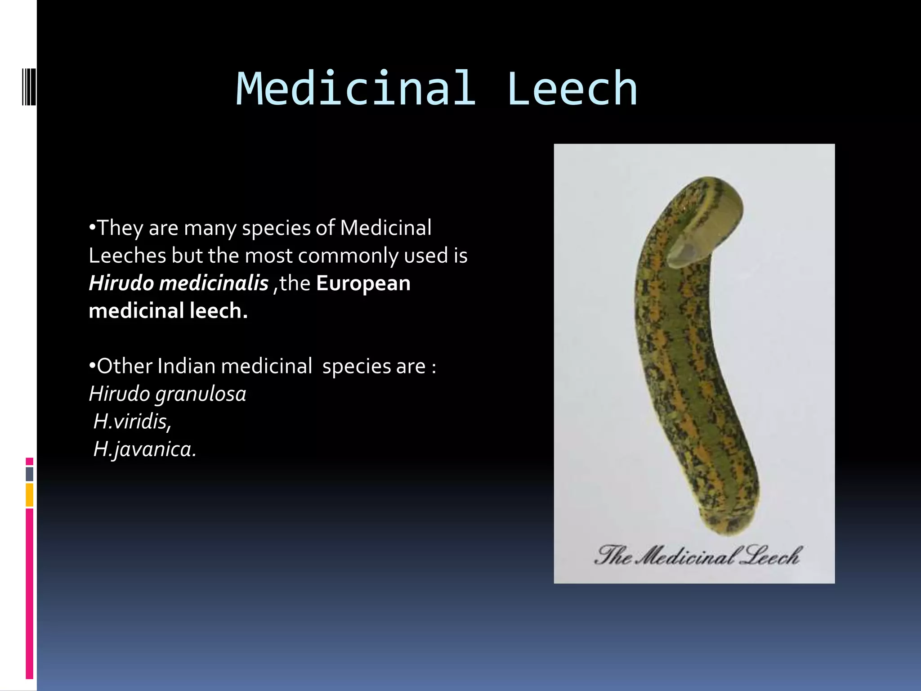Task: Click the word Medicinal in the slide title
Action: [356, 89]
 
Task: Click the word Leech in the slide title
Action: [572, 89]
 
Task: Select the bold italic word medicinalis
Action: [214, 283]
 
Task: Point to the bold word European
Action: [363, 283]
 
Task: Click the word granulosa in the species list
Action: [201, 394]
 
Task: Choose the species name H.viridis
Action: [132, 422]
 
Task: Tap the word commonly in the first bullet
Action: [348, 256]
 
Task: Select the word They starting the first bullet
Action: [120, 228]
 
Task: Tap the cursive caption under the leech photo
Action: [697, 556]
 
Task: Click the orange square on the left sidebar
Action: [29, 495]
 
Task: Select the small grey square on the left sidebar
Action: [29, 474]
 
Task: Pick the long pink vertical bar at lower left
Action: [29, 594]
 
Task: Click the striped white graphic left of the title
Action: [29, 85]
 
